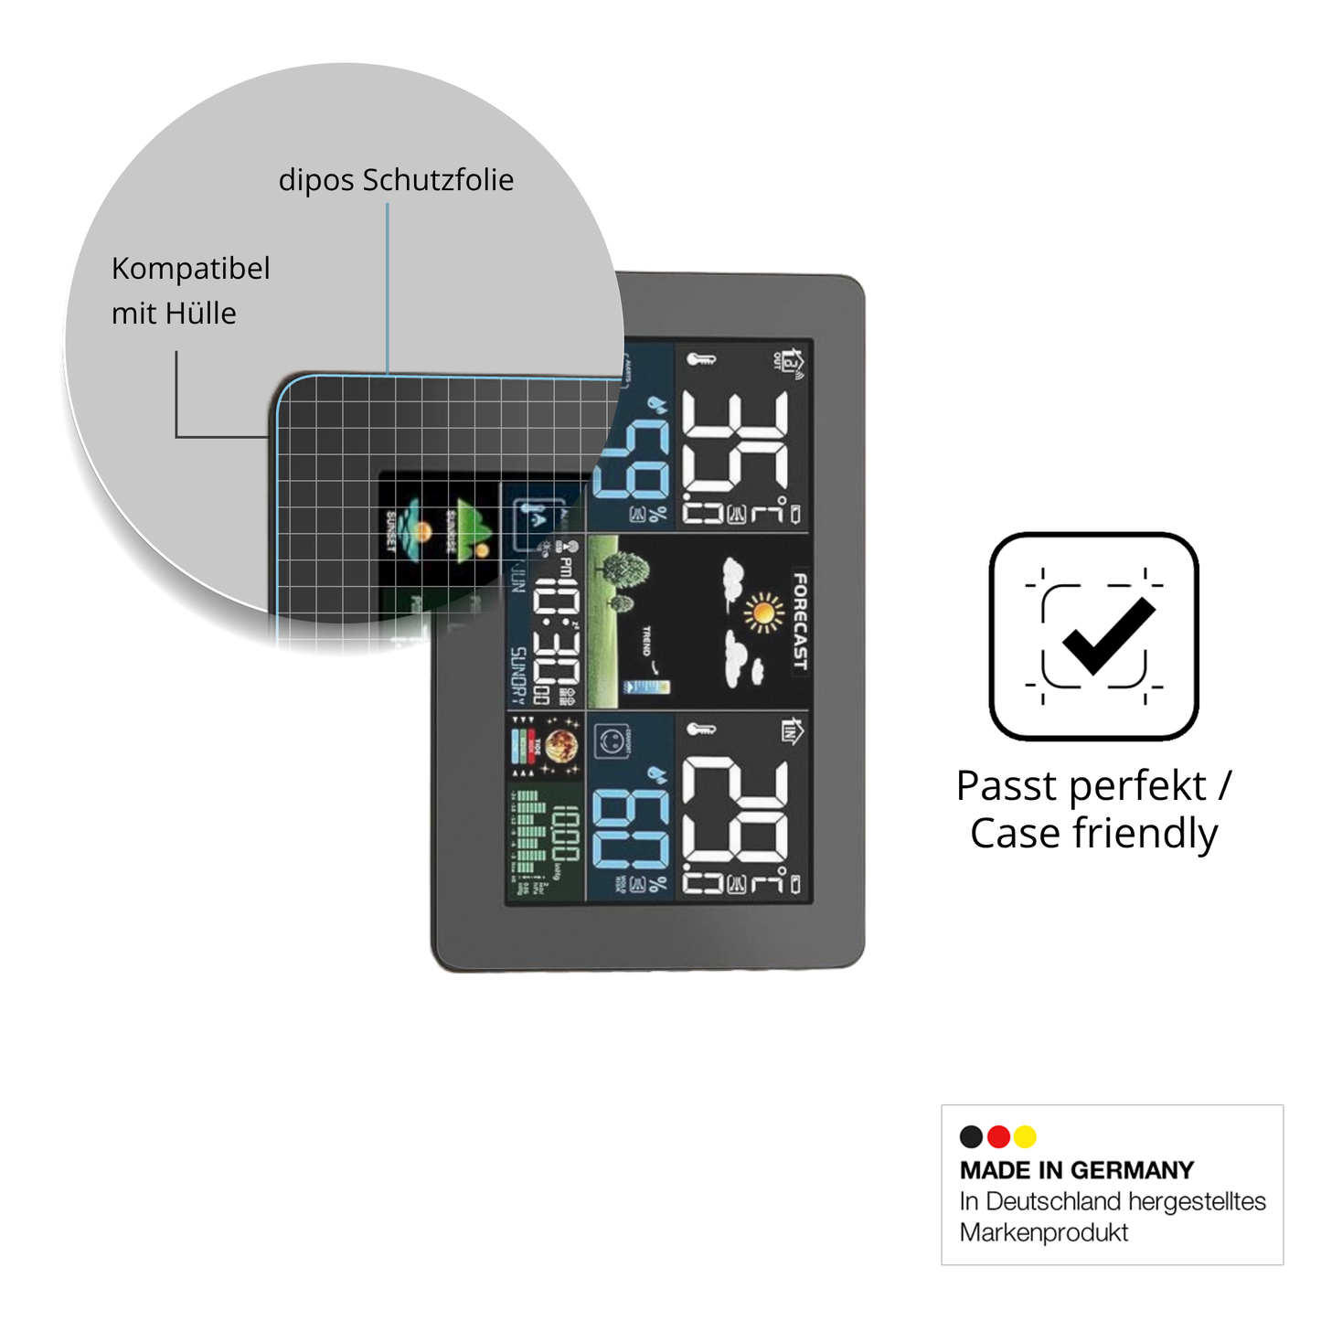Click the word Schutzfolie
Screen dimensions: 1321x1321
[x=438, y=180]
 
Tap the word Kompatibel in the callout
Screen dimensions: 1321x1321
[x=190, y=269]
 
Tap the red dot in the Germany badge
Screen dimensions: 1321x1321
[x=998, y=1136]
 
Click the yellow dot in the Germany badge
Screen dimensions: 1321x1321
[x=1025, y=1136]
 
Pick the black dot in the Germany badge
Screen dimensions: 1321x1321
[x=971, y=1136]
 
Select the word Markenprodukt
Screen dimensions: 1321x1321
[x=1043, y=1232]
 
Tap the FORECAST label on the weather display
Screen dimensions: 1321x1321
[x=800, y=622]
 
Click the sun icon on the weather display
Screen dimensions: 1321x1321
[x=763, y=612]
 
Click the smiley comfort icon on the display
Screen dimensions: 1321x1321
[x=609, y=741]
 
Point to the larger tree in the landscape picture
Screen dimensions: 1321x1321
[x=625, y=570]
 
